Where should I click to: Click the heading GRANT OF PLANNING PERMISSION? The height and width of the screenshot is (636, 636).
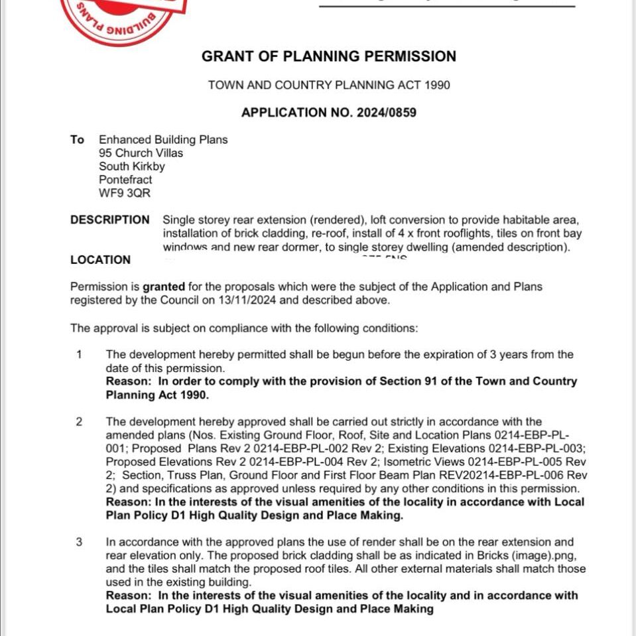[x=329, y=56]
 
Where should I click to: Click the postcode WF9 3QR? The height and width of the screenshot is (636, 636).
[x=125, y=193]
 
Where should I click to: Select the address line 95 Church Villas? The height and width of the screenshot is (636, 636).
[x=141, y=153]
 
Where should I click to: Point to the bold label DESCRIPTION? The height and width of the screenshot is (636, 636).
[x=110, y=220]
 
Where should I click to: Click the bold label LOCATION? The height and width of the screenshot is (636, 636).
[x=100, y=260]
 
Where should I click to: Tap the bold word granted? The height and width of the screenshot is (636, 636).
[x=163, y=287]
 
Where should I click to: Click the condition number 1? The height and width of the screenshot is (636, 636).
[x=79, y=354]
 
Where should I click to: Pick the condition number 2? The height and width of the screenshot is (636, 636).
[x=79, y=422]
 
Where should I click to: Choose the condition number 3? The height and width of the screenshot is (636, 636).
[x=79, y=542]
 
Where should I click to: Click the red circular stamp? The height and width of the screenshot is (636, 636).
[x=123, y=17]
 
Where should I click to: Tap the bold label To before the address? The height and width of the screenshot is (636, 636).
[x=77, y=140]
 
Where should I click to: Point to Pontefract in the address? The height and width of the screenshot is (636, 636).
[x=125, y=180]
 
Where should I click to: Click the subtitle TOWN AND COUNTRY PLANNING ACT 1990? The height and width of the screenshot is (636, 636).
[x=329, y=86]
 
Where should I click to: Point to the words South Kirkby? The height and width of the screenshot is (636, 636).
[x=132, y=166]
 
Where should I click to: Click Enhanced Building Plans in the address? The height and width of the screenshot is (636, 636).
[x=163, y=140]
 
